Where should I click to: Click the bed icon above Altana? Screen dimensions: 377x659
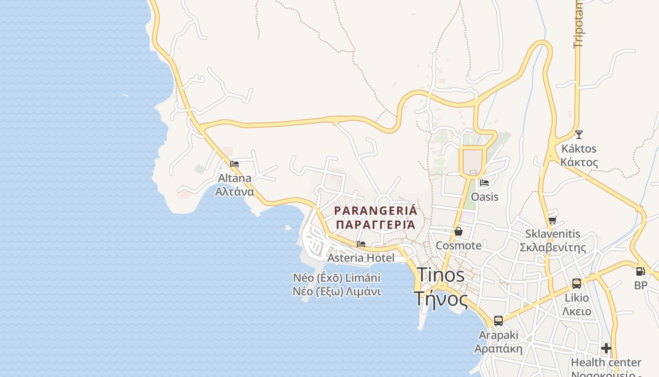(234, 164)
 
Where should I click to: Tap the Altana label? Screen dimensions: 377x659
(234, 178)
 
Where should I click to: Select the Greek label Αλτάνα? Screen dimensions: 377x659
(234, 191)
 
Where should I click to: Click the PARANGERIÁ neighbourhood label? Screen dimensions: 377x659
(375, 210)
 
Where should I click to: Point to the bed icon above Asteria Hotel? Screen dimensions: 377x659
(361, 244)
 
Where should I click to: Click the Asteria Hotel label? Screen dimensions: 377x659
(361, 258)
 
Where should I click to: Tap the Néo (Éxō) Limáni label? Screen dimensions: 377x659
(337, 278)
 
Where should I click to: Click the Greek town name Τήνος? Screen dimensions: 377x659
(441, 299)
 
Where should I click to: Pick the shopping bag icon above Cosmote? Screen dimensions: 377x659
(458, 231)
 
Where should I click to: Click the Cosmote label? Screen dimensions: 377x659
(458, 246)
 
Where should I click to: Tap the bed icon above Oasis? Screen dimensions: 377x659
(484, 183)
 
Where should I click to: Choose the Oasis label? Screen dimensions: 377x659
(484, 197)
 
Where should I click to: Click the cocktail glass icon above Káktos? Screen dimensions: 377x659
(579, 135)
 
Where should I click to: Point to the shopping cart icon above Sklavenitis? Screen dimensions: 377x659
(553, 220)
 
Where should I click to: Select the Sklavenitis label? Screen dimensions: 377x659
(553, 234)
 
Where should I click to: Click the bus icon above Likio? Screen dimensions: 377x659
(577, 284)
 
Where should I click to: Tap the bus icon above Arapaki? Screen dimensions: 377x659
(498, 321)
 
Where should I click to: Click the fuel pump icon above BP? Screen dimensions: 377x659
(640, 271)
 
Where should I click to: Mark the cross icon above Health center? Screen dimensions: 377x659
(606, 348)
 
